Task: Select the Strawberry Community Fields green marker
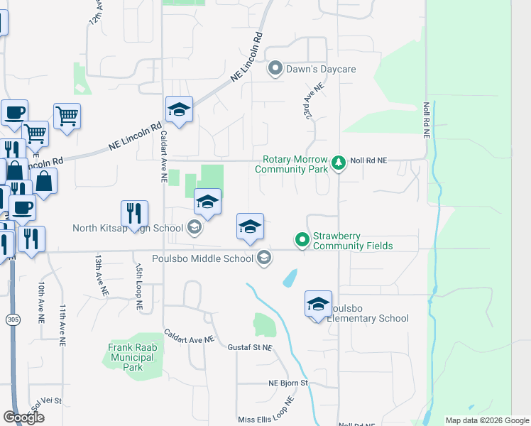pos(302,240)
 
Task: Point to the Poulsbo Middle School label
pos(202,258)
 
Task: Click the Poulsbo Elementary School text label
pos(368,318)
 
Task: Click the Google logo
pos(23,417)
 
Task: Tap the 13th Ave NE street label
pos(100,276)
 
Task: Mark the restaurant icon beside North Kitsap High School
pos(133,212)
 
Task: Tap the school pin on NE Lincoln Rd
pos(179,109)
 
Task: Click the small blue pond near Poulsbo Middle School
pos(290,278)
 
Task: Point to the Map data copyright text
pos(486,420)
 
